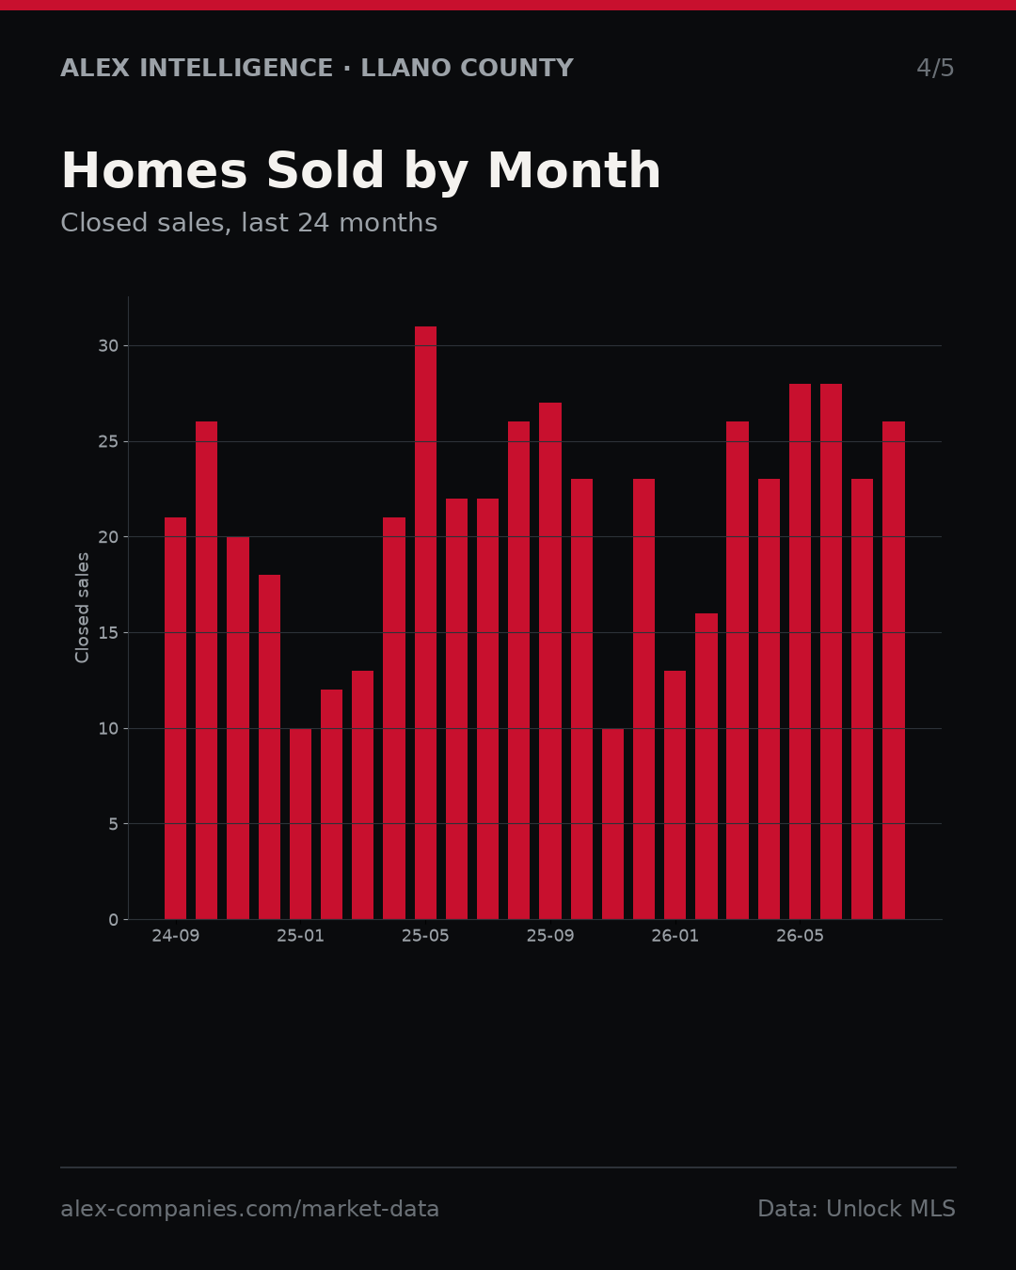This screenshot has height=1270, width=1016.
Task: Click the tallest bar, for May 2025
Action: (425, 623)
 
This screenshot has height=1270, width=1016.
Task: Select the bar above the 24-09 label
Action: (175, 718)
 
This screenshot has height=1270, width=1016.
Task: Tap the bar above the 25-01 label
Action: (300, 824)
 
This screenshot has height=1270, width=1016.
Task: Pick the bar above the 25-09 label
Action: (550, 661)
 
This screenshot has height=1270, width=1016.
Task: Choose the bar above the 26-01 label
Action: (675, 795)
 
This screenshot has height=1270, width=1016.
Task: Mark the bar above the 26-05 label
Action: (800, 652)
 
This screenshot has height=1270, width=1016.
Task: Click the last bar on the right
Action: (894, 671)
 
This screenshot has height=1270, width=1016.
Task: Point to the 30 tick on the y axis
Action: (108, 346)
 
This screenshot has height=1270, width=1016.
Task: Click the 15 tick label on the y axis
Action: (108, 632)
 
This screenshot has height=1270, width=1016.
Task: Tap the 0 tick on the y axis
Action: (114, 919)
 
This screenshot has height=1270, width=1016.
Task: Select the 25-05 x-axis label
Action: (425, 936)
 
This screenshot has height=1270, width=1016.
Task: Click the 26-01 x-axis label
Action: (675, 936)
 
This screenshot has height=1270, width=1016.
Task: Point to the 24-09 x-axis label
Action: (175, 936)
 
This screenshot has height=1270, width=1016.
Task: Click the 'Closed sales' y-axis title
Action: (82, 608)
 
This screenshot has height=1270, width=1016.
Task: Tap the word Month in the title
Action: (574, 170)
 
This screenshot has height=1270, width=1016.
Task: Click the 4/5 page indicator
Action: (935, 68)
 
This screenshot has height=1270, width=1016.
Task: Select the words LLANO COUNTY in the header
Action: (467, 68)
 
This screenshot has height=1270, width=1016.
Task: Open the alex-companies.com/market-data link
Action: (249, 1209)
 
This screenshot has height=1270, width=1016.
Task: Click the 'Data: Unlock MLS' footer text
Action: (856, 1209)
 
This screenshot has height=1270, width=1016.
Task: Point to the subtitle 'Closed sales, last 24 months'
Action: (248, 223)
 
